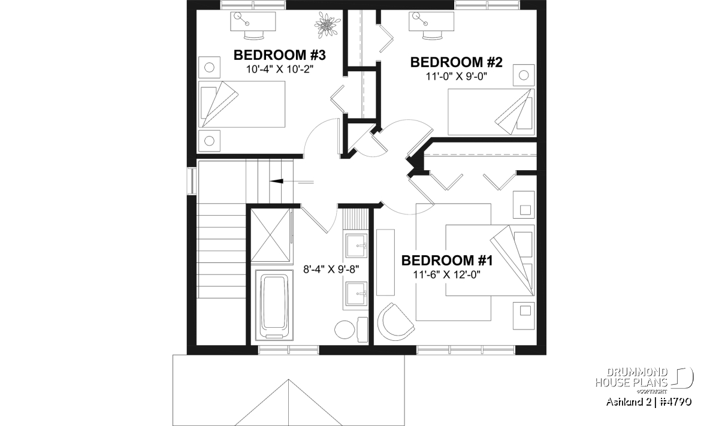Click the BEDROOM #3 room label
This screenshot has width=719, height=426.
tap(280, 55)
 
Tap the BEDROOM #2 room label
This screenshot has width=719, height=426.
tap(456, 62)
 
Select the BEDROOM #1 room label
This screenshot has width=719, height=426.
tap(447, 261)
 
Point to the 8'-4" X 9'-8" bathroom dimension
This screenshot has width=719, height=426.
tap(331, 269)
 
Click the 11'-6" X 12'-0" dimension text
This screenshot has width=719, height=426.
tap(446, 275)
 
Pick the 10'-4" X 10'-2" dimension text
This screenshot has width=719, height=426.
tap(280, 69)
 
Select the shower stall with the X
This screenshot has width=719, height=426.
tap(271, 235)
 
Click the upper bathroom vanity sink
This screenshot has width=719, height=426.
tap(357, 246)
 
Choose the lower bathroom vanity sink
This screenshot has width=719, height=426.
tap(357, 294)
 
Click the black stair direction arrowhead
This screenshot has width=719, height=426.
tap(276, 181)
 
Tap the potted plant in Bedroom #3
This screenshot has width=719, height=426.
tap(327, 24)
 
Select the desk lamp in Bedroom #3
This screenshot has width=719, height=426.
tap(241, 19)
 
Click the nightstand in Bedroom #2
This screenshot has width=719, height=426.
tap(524, 75)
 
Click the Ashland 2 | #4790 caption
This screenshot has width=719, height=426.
tap(649, 401)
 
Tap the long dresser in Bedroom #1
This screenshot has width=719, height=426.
tap(385, 262)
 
